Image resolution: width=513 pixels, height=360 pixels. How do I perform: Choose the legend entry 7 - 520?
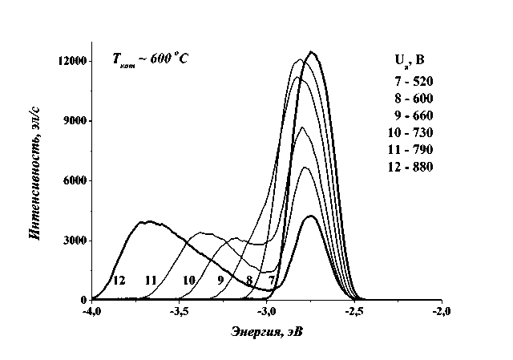[414, 83]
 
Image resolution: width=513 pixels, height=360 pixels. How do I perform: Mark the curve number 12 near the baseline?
[119, 281]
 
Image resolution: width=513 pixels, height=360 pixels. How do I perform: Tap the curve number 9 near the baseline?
[220, 281]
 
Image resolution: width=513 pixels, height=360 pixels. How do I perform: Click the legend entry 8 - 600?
[414, 99]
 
